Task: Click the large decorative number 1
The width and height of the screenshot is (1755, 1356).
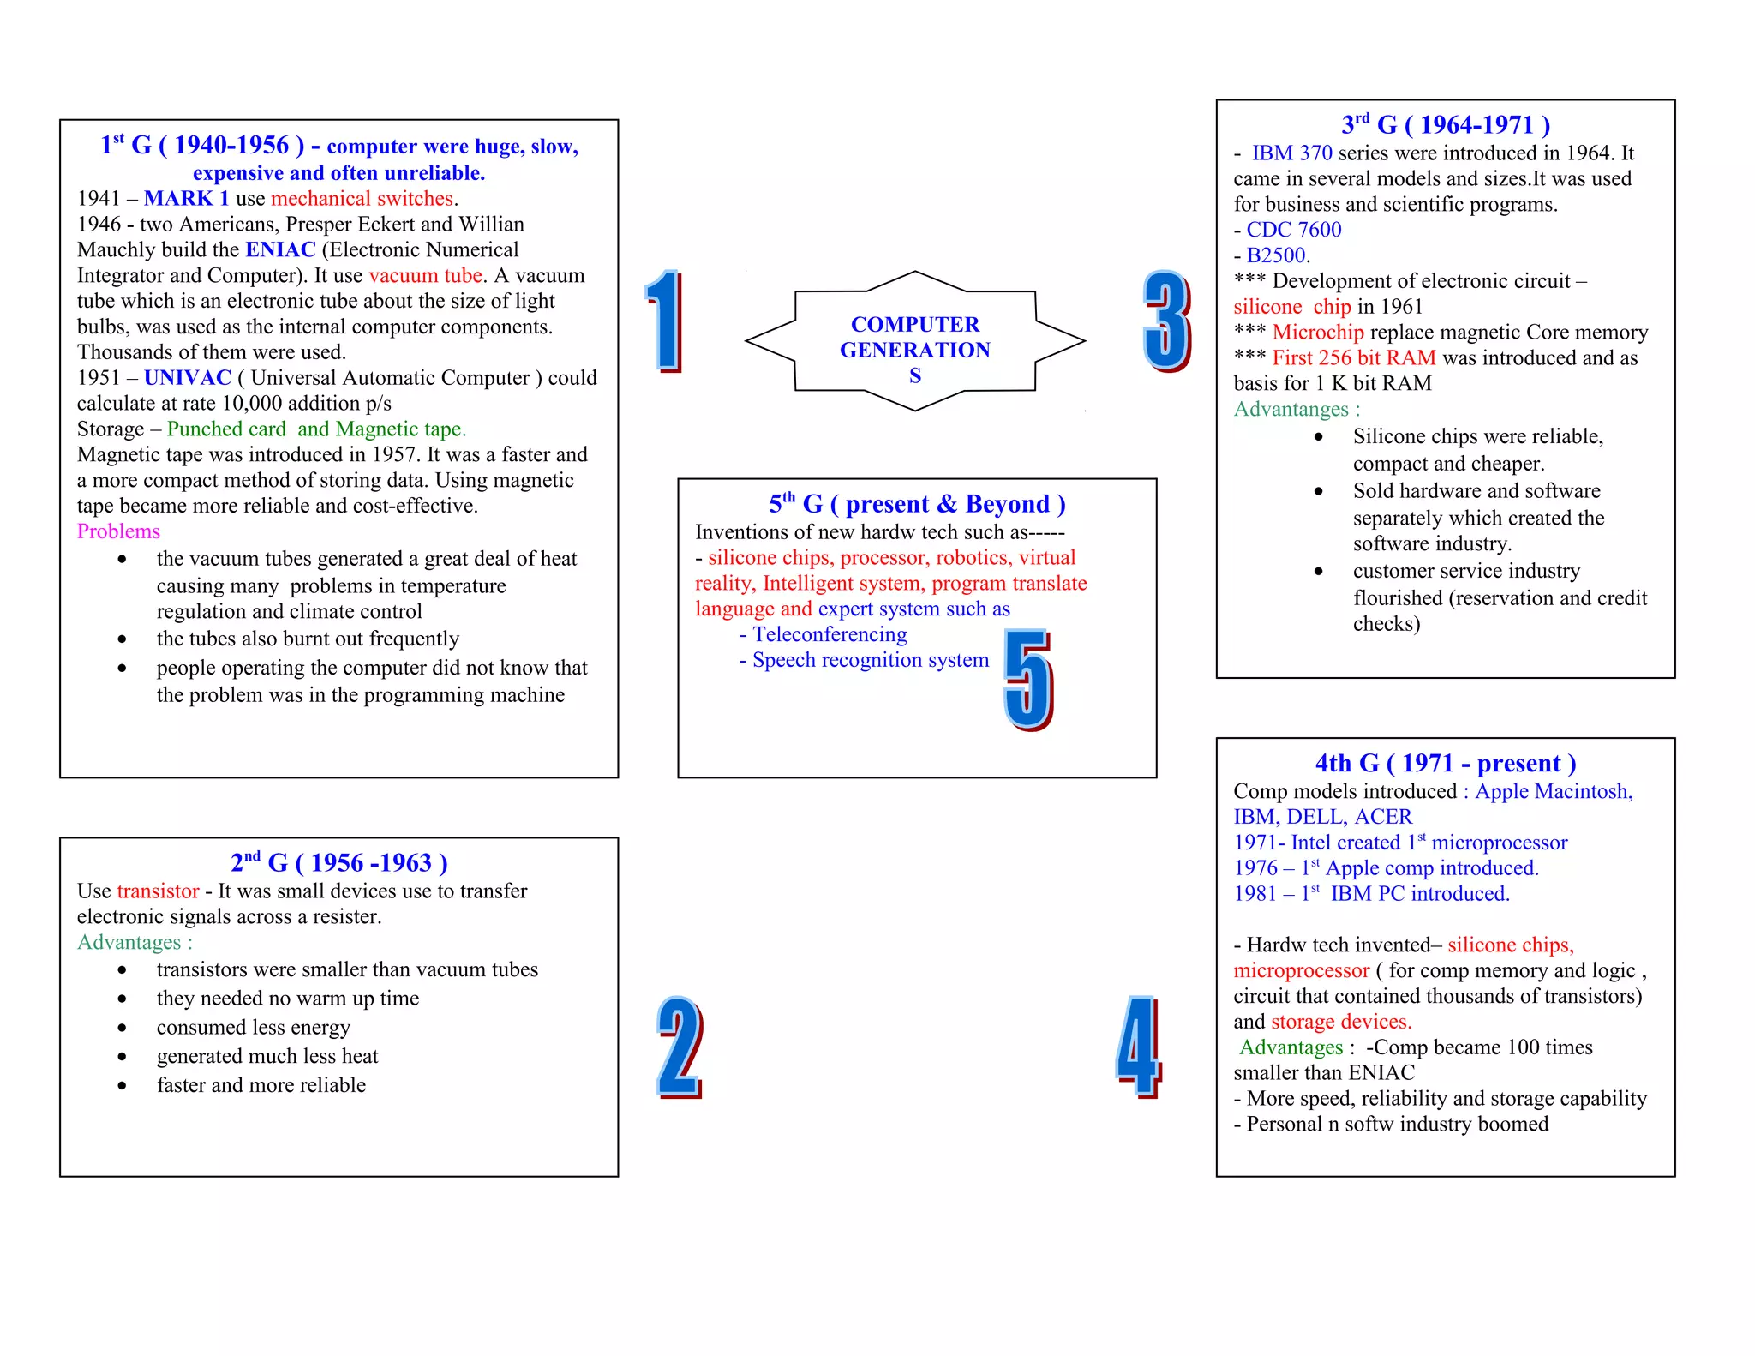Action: coord(664,321)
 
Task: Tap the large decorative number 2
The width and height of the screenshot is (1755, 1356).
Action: coord(680,1047)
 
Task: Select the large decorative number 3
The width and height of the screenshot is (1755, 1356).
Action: coord(1166,321)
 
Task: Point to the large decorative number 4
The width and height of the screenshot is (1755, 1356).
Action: coord(1138,1047)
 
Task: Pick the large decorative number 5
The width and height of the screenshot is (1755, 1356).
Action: coord(1027,679)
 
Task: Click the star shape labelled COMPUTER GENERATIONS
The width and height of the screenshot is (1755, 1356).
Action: coord(914,341)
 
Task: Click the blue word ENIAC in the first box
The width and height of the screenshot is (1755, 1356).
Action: coord(280,249)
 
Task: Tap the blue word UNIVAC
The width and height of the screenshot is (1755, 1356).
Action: coord(188,378)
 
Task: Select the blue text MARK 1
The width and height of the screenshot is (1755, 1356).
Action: coord(186,199)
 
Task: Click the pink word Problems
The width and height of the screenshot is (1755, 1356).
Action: coord(118,531)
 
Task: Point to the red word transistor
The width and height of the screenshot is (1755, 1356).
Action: coord(158,891)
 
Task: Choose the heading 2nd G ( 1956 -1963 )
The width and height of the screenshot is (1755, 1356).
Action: coord(338,862)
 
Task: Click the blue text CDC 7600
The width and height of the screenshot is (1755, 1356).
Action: coord(1293,230)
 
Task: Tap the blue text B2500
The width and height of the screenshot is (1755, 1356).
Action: coord(1277,255)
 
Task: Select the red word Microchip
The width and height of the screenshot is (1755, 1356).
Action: coord(1317,333)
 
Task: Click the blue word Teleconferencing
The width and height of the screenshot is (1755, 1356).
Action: coord(829,634)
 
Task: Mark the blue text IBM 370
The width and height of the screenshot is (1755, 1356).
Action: coord(1291,153)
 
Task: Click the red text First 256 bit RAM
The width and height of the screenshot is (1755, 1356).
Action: coord(1353,358)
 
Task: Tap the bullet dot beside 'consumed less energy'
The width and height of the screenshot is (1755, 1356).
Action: coord(123,1028)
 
